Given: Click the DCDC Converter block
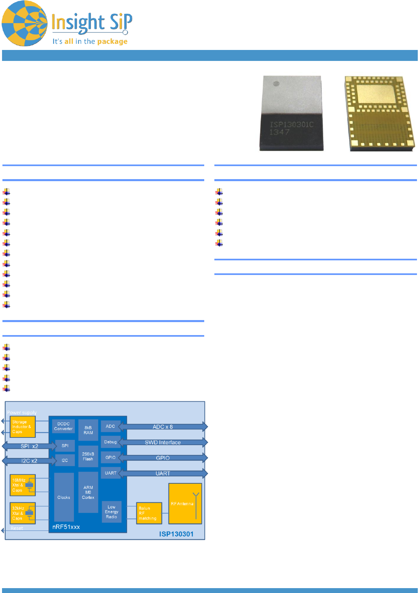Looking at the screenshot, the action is click(63, 426).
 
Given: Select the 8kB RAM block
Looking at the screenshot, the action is click(88, 430).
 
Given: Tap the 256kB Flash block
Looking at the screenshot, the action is click(88, 457).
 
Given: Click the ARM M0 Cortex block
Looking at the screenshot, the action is click(88, 492).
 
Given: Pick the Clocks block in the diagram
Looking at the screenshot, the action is click(64, 497).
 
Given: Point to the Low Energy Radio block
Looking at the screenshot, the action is click(112, 512).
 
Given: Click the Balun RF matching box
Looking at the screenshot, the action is click(149, 513).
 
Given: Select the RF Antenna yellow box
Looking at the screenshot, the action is click(185, 504).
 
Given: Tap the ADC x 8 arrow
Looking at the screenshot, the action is click(163, 427).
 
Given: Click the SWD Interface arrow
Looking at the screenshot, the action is click(163, 442).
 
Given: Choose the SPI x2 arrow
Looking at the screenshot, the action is click(29, 446).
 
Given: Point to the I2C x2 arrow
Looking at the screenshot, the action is click(29, 461).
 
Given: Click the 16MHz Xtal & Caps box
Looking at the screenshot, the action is click(23, 485).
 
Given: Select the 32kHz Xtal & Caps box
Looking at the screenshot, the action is click(23, 513).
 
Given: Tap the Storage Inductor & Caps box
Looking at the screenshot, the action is click(23, 427).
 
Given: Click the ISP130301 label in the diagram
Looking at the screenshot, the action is click(176, 534).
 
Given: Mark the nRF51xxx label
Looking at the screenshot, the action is click(66, 527).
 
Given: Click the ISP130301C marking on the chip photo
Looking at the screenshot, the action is click(292, 124).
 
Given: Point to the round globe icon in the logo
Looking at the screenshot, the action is click(25, 24).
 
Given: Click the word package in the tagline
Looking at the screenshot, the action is click(112, 41).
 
